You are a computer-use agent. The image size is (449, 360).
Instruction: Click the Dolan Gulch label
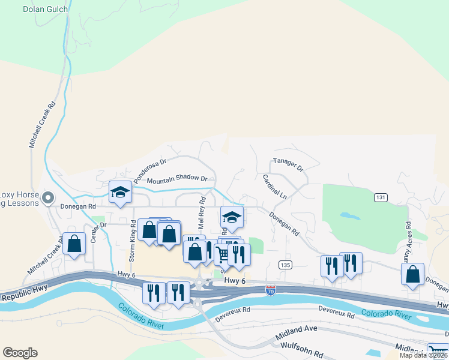click(x=45, y=9)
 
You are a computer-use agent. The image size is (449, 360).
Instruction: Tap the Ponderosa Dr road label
click(x=149, y=170)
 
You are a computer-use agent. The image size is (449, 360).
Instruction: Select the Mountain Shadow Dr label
click(x=176, y=179)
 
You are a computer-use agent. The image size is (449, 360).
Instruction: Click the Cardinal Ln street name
click(x=275, y=187)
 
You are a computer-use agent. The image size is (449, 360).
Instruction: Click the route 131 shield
click(x=380, y=197)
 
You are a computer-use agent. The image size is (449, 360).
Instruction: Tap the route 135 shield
click(x=285, y=264)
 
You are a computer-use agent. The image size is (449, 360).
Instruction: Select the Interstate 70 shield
click(x=271, y=290)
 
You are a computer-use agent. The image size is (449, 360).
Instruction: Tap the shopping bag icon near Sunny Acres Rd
click(x=412, y=274)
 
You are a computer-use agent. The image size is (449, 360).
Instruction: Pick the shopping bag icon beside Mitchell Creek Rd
click(x=74, y=244)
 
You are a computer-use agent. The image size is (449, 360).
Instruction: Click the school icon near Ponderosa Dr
click(x=120, y=193)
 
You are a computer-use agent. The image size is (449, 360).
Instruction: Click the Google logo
click(x=20, y=353)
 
